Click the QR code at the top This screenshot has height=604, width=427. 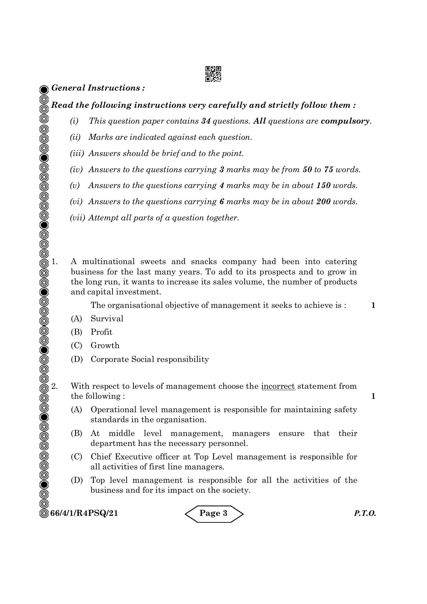pyautogui.click(x=213, y=74)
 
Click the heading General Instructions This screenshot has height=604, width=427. pyautogui.click(x=98, y=88)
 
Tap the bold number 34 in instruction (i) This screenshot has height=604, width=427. pyautogui.click(x=206, y=121)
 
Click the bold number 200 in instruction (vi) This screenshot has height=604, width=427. pyautogui.click(x=323, y=202)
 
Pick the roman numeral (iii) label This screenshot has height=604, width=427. pyautogui.click(x=77, y=154)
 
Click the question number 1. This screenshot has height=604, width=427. pyautogui.click(x=54, y=262)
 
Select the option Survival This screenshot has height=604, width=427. pyautogui.click(x=107, y=319)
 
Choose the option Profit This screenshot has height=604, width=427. pyautogui.click(x=101, y=332)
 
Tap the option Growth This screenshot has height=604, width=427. pyautogui.click(x=105, y=345)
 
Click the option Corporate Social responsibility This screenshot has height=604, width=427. pyautogui.click(x=150, y=359)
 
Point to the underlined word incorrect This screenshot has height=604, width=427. pyautogui.click(x=278, y=386)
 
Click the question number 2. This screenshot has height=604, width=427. pyautogui.click(x=54, y=386)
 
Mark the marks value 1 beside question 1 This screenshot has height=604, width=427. pyautogui.click(x=373, y=305)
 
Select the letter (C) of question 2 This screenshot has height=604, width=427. pyautogui.click(x=76, y=457)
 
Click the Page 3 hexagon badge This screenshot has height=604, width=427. pyautogui.click(x=214, y=513)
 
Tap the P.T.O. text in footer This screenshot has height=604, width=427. pyautogui.click(x=365, y=514)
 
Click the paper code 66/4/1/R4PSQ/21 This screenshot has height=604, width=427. pyautogui.click(x=84, y=513)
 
